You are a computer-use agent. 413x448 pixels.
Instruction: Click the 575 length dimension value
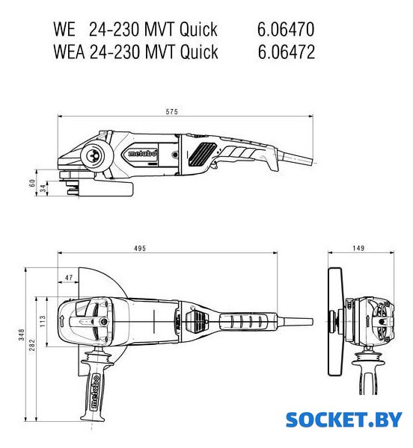[172, 111]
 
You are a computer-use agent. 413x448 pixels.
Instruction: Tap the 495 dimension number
[140, 249]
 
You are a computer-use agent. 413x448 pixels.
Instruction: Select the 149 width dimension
[358, 248]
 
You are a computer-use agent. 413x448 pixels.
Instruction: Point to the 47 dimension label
[69, 278]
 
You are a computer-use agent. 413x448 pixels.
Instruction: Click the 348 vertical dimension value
[22, 335]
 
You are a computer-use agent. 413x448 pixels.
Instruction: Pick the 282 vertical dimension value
[32, 345]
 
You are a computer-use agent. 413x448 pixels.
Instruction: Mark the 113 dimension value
[43, 321]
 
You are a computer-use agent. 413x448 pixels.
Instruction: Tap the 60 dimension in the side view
[32, 183]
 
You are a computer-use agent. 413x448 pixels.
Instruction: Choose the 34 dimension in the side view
[43, 188]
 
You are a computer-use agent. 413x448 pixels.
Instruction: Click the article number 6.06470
[286, 29]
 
